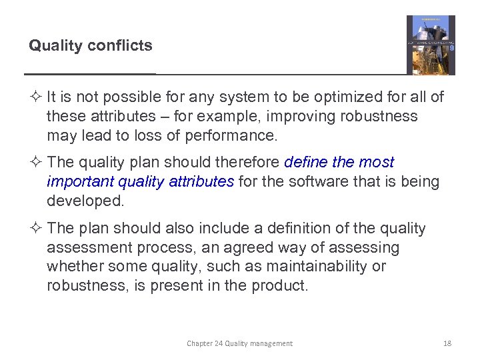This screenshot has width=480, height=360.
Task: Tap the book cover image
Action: tap(431, 45)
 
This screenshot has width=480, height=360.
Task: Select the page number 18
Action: tap(447, 343)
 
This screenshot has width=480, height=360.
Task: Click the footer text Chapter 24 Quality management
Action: tap(239, 343)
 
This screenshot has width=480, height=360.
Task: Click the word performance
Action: tap(234, 136)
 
